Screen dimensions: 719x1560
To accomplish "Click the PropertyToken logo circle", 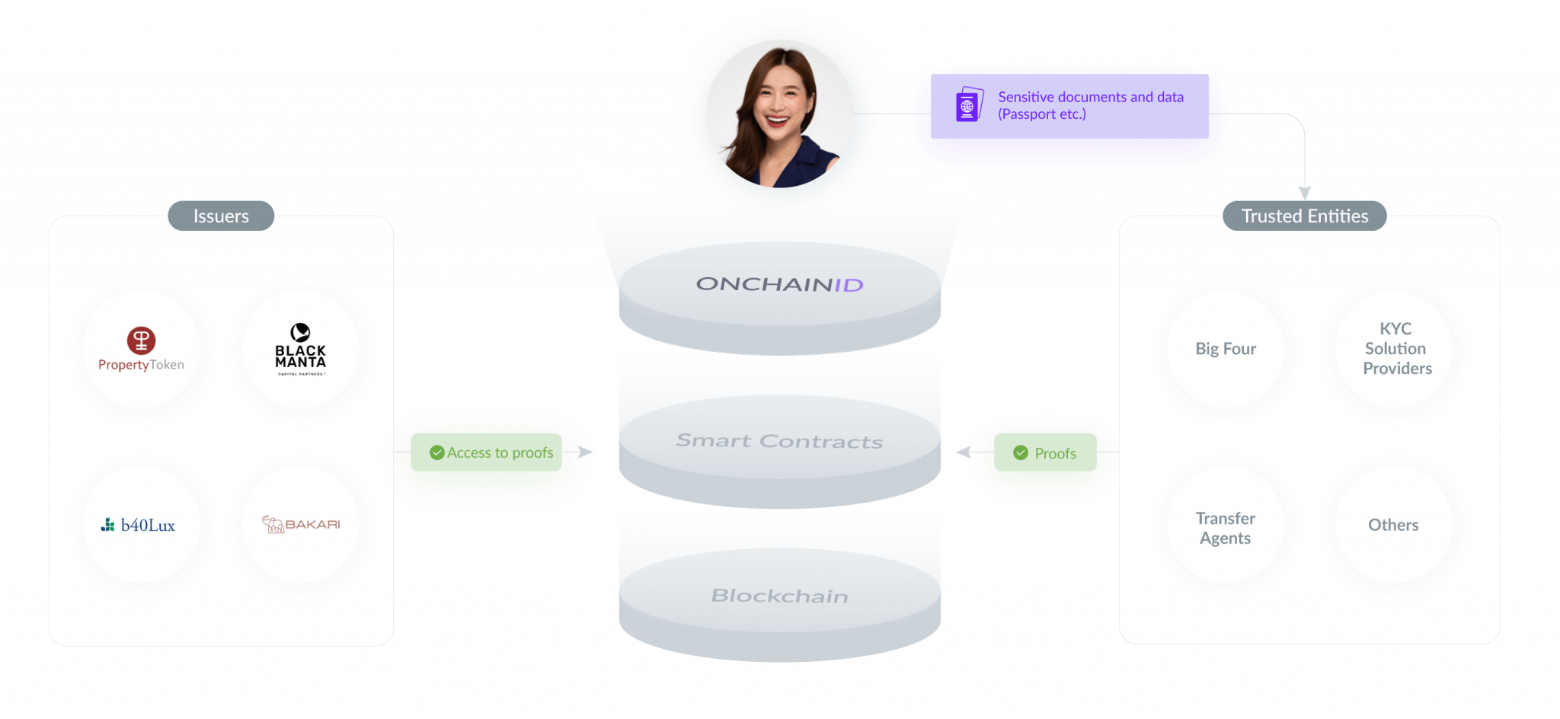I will coord(141,350).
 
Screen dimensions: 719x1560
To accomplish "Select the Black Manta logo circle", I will coord(301,350).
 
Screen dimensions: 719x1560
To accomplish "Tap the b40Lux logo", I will coord(141,525).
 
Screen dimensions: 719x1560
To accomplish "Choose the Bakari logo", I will coord(301,525).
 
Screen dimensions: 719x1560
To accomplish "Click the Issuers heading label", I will coord(221,216).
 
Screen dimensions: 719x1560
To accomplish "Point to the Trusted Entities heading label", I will coord(1305,216).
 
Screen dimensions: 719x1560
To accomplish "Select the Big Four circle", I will coord(1226,349).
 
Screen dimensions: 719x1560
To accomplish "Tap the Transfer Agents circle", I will coord(1226,527).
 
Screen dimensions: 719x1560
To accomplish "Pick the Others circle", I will coord(1393,525).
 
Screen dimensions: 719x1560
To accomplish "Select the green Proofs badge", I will coord(1045,453).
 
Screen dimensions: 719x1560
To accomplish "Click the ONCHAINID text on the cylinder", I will coord(779,285).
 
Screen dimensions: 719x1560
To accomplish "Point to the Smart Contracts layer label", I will coord(779,441).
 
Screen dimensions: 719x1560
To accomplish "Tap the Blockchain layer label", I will coord(779,596).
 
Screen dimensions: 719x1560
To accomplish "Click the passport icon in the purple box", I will coord(968,105).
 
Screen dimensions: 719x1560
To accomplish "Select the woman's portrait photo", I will coord(779,114).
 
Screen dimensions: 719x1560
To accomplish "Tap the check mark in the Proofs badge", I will coord(1021,453).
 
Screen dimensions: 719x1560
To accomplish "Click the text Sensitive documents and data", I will coord(1090,97).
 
